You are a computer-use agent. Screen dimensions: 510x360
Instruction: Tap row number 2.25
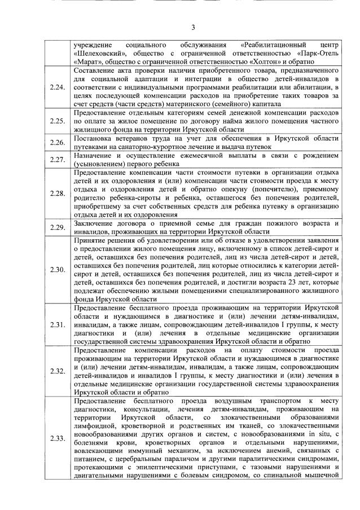point(58,121)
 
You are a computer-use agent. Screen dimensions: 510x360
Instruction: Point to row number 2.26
point(58,142)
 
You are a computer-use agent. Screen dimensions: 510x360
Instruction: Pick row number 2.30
point(58,270)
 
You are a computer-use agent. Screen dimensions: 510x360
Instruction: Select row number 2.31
point(58,324)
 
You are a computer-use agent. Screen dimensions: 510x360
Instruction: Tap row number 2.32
point(58,371)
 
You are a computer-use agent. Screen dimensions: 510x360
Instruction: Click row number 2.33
point(58,438)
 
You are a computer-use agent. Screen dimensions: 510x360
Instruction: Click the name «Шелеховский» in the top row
point(99,55)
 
